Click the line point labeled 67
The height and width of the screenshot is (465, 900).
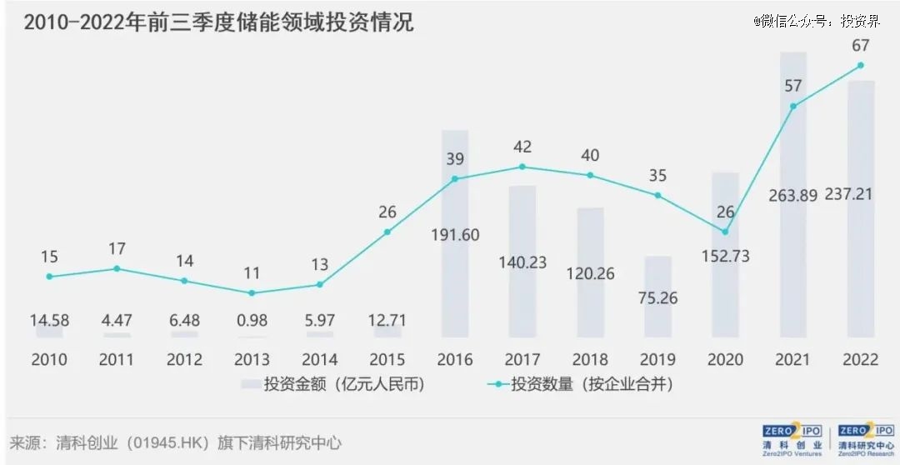[860, 65]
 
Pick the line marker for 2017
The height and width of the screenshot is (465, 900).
[522, 167]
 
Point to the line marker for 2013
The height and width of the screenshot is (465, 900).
[252, 292]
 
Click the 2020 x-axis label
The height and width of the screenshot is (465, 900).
[725, 360]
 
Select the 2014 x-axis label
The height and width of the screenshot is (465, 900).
[319, 360]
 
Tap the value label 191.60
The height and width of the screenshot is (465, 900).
[455, 235]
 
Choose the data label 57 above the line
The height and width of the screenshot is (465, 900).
[792, 85]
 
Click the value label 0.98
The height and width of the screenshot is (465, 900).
[252, 320]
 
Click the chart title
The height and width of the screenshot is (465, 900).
[218, 22]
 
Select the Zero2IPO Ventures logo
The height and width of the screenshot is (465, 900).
[792, 439]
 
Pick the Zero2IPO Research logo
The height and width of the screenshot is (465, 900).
[866, 439]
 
